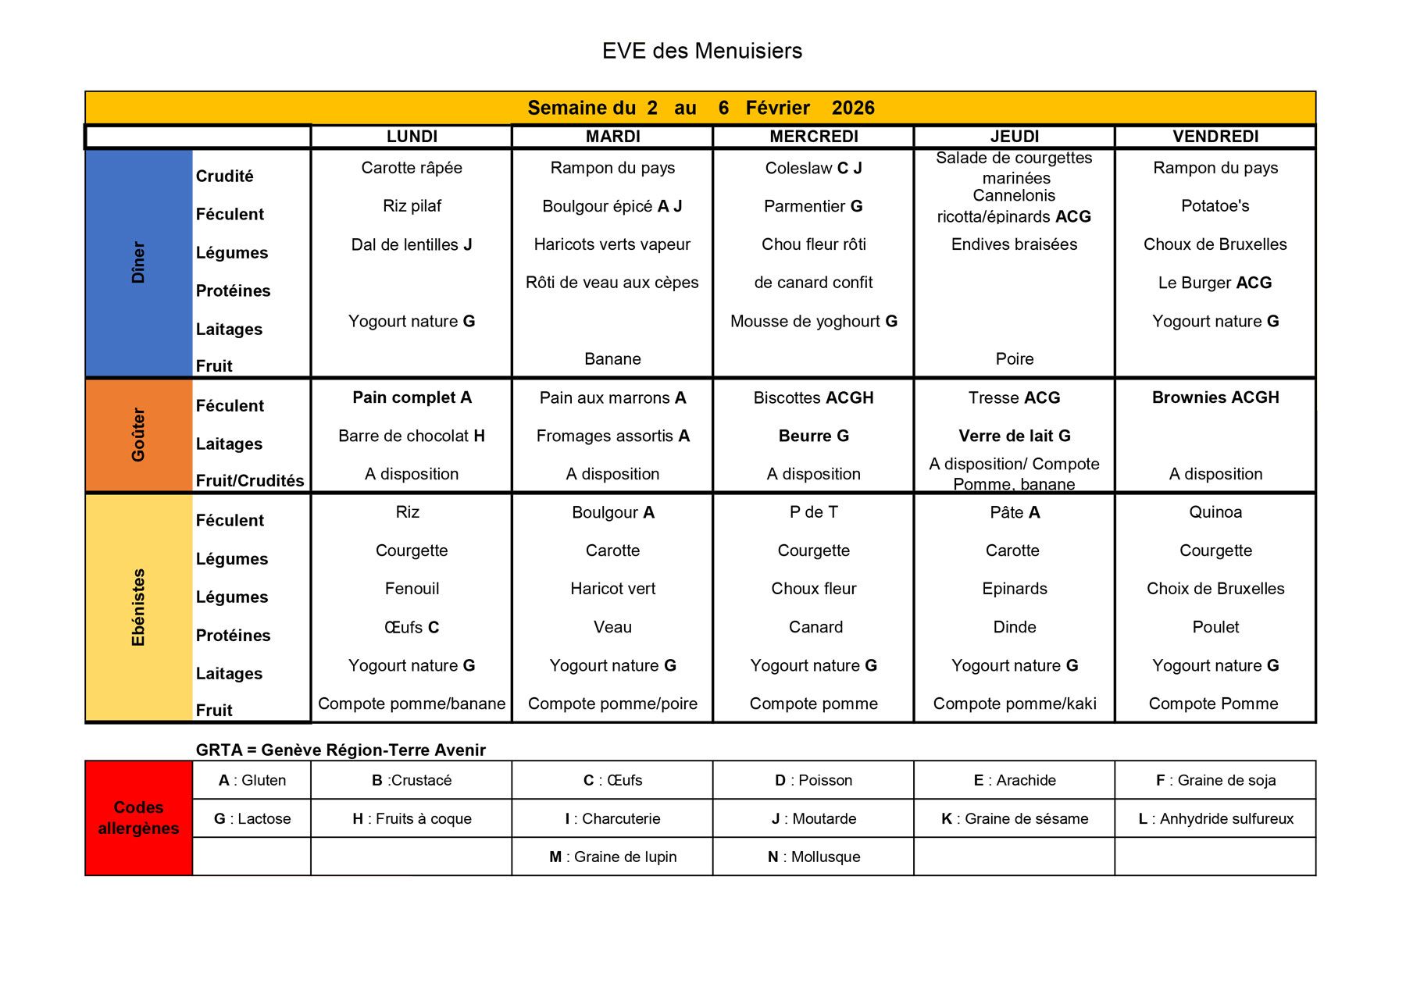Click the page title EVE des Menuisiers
click(x=701, y=51)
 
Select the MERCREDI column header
click(x=813, y=137)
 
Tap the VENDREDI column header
click(x=1215, y=137)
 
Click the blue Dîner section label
click(x=138, y=262)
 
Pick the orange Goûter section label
click(x=138, y=435)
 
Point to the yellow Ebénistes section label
click(x=138, y=607)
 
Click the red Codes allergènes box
click(x=138, y=818)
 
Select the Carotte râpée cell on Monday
click(x=412, y=168)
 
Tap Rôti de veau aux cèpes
click(x=612, y=283)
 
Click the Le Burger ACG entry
click(x=1215, y=283)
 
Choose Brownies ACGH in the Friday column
click(x=1215, y=397)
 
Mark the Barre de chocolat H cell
click(x=412, y=436)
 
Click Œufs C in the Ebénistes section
click(x=412, y=627)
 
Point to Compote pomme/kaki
click(x=1014, y=704)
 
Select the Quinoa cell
click(x=1215, y=512)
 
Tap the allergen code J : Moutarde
click(x=813, y=818)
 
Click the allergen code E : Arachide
click(x=1014, y=780)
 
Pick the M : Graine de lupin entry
click(x=612, y=857)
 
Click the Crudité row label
click(x=225, y=176)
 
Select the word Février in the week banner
click(x=777, y=108)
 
